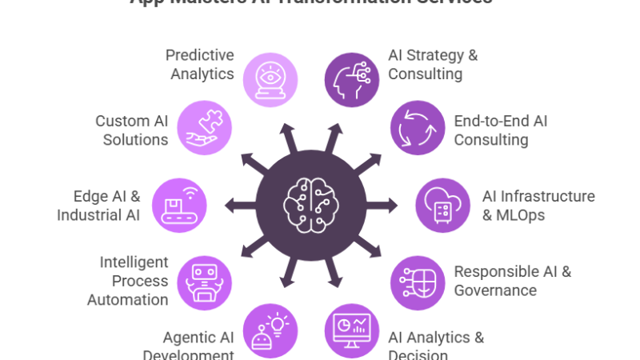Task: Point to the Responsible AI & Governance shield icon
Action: pyautogui.click(x=418, y=282)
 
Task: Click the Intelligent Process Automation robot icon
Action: pyautogui.click(x=205, y=282)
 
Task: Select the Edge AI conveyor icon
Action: pyautogui.click(x=179, y=205)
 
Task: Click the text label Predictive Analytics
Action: pyautogui.click(x=200, y=64)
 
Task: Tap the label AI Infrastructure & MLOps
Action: pyautogui.click(x=538, y=205)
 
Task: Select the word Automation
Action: pyautogui.click(x=129, y=300)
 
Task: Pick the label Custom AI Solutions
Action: pyautogui.click(x=132, y=130)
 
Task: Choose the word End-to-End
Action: pyautogui.click(x=490, y=121)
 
